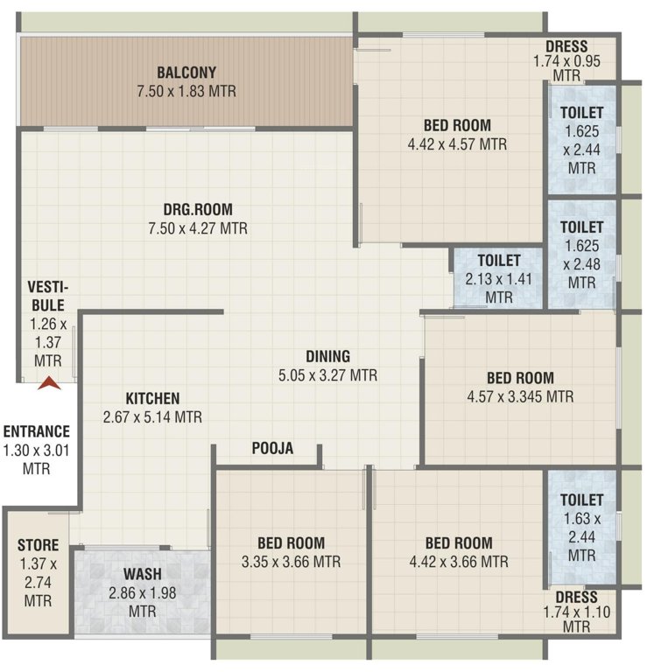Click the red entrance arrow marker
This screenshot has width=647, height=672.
click(x=49, y=381)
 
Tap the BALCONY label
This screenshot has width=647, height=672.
click(x=186, y=72)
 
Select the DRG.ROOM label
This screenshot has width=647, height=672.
click(x=198, y=209)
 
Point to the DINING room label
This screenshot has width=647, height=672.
click(x=328, y=356)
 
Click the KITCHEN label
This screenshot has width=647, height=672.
click(x=152, y=397)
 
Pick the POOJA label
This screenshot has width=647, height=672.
click(x=272, y=449)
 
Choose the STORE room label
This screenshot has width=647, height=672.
click(x=38, y=546)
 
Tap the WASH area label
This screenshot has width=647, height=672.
click(x=141, y=574)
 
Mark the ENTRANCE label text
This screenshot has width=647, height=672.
click(x=37, y=431)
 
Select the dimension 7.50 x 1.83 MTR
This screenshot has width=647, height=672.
click(x=186, y=91)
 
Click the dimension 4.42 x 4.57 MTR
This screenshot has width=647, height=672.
click(x=456, y=144)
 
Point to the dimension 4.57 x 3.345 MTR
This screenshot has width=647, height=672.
click(x=520, y=396)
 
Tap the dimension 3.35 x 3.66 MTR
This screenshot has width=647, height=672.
click(x=292, y=562)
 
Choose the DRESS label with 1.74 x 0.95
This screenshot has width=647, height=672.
click(x=566, y=46)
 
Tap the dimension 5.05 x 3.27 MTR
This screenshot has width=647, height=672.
click(x=328, y=375)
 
